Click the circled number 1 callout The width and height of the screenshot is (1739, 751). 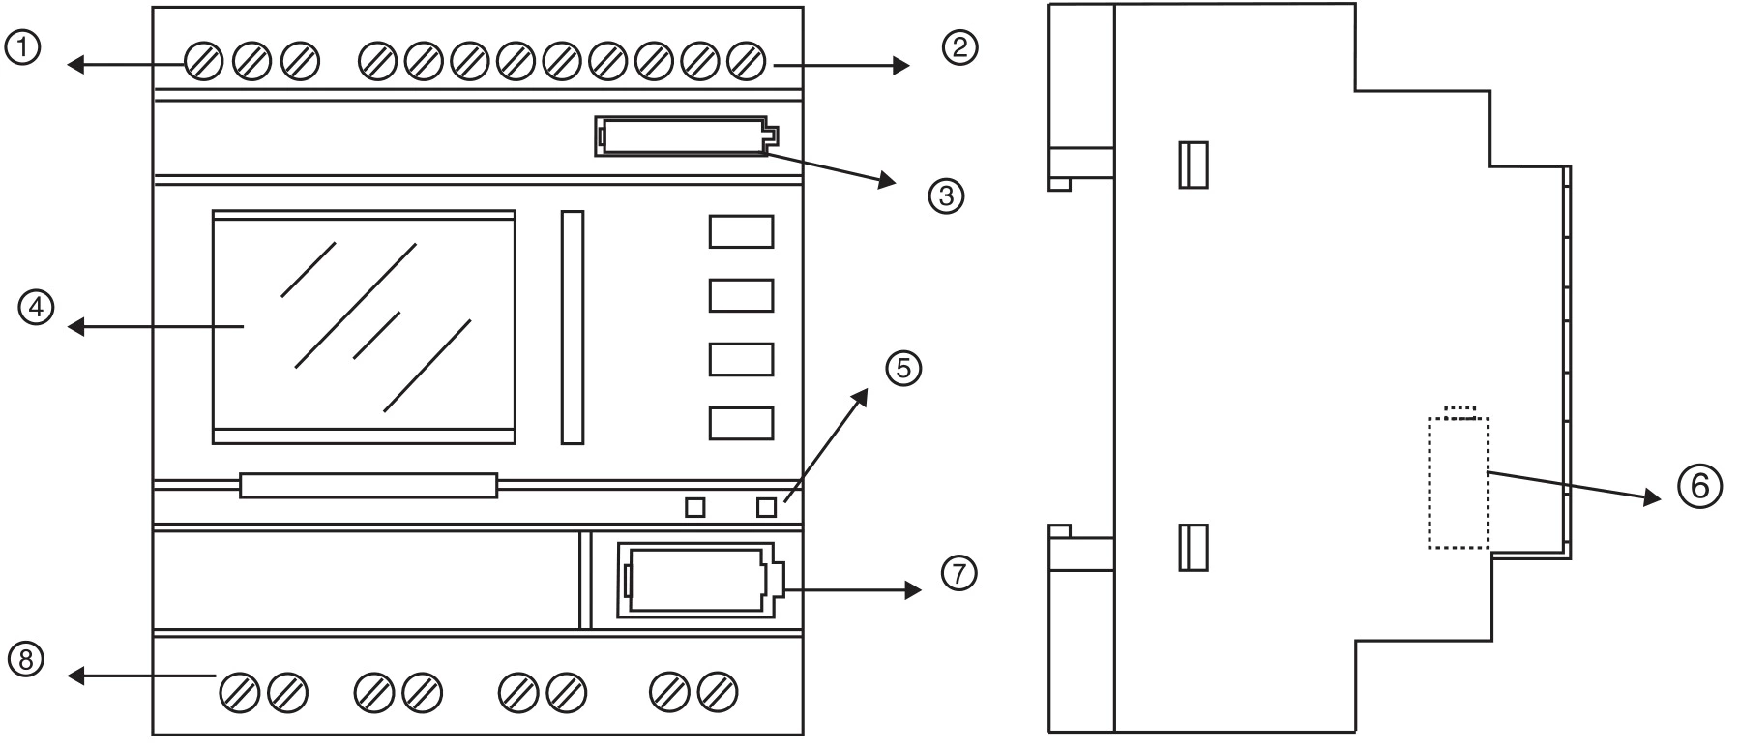tap(22, 47)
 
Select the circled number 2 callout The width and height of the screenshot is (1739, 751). tap(959, 47)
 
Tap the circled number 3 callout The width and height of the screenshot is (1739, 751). tap(947, 196)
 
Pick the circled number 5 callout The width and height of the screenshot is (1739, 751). tap(904, 369)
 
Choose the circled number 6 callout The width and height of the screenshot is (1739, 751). tap(1699, 486)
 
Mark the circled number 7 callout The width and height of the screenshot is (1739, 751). tap(958, 573)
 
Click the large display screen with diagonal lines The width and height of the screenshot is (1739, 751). tap(364, 327)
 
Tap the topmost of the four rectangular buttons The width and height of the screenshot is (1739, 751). tap(741, 232)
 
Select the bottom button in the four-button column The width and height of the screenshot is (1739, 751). tap(741, 424)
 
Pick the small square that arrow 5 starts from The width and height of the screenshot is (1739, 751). tap(767, 507)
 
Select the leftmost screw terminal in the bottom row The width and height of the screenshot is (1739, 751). tap(238, 693)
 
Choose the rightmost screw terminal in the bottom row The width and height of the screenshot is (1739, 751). tap(718, 693)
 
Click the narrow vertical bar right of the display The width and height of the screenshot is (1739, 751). tap(573, 327)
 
